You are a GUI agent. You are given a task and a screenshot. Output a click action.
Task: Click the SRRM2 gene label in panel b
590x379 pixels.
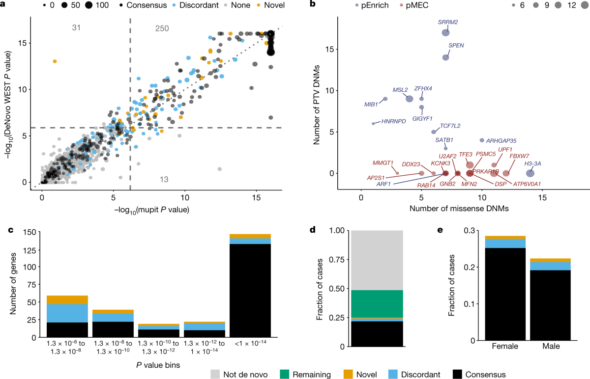click(x=448, y=23)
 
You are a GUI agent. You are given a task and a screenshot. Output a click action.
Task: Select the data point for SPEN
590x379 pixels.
click(x=445, y=57)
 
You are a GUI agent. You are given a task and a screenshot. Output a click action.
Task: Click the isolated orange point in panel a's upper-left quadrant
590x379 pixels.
click(x=55, y=61)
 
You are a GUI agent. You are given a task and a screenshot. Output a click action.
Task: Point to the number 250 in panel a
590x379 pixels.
click(x=162, y=29)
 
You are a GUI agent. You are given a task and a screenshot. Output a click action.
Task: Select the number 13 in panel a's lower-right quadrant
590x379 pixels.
click(x=165, y=180)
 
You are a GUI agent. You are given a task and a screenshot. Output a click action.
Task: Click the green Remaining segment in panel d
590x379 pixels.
click(x=377, y=304)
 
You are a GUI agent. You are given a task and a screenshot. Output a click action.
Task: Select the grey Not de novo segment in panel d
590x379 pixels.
click(x=377, y=260)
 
